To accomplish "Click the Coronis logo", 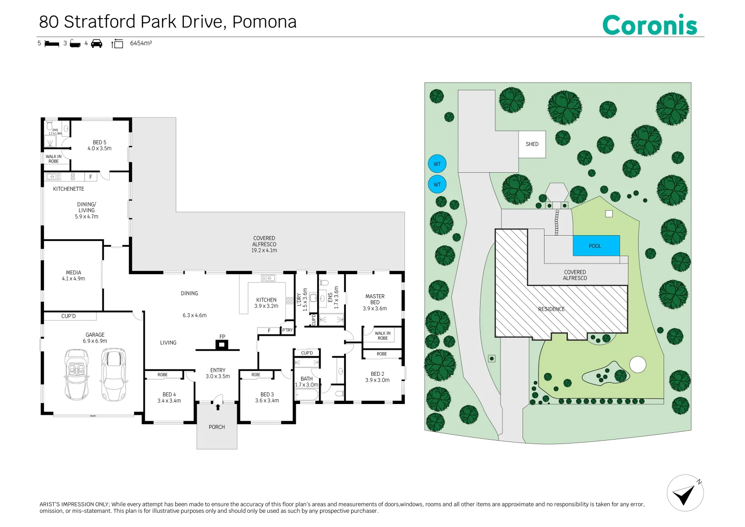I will click(x=649, y=25).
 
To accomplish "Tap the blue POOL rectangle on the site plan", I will click(x=596, y=245).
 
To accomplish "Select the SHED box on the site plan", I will click(x=532, y=144).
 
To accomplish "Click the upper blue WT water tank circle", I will click(x=437, y=164).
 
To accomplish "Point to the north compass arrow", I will click(x=685, y=493).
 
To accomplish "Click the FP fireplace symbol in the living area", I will click(x=222, y=345).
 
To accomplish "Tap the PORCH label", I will click(x=217, y=427).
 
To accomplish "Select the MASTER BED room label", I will click(x=375, y=299).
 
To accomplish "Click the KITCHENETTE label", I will click(x=68, y=189).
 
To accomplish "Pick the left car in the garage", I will click(x=76, y=374).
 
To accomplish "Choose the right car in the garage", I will click(x=113, y=374).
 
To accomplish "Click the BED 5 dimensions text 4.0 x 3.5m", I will click(x=100, y=148).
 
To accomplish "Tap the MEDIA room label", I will click(x=74, y=273).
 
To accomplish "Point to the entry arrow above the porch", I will click(x=218, y=406).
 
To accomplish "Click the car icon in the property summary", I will click(x=97, y=43).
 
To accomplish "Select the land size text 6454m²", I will click(x=141, y=43).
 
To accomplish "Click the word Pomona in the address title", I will click(x=264, y=22).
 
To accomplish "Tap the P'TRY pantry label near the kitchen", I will click(x=287, y=330).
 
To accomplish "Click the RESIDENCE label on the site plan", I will click(x=551, y=309).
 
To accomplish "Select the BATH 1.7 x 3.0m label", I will click(x=306, y=382).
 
